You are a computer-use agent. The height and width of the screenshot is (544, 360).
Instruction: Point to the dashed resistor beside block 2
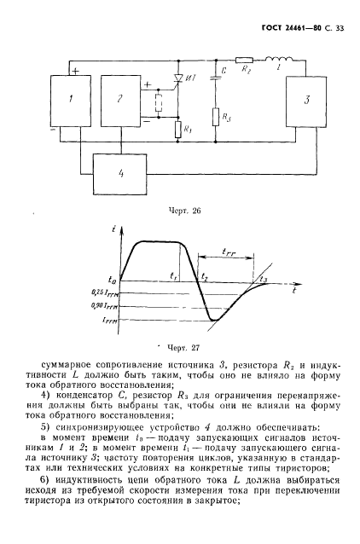[x=158, y=105]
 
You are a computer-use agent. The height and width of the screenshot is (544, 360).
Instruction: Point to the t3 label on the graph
[x=263, y=280]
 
